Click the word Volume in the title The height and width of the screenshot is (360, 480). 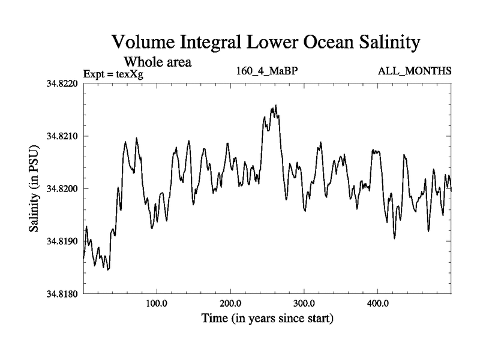146,43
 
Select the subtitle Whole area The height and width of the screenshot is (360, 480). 157,62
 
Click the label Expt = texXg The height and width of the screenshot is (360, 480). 114,74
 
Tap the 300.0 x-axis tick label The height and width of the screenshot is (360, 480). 304,303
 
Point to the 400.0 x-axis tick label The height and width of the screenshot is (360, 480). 378,303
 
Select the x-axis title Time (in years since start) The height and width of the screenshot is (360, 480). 266,318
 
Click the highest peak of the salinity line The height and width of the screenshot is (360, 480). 275,106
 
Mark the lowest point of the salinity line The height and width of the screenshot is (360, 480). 108,269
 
